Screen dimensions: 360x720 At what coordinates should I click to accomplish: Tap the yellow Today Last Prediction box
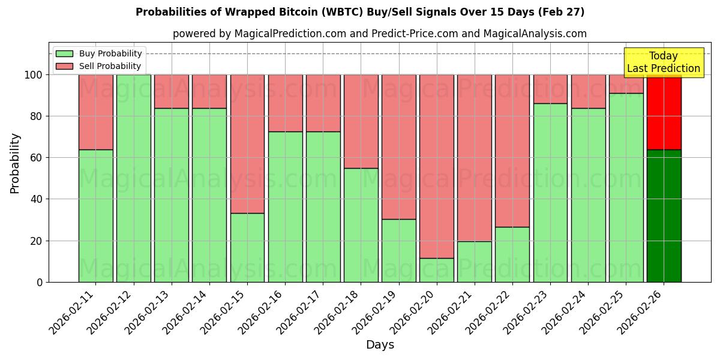pos(663,62)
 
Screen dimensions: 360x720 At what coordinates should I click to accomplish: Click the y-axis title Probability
pos(15,163)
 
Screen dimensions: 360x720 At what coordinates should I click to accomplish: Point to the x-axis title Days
pos(380,345)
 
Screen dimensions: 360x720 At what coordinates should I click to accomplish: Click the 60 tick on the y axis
pos(37,158)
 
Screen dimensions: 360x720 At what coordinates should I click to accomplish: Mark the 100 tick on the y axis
pos(34,75)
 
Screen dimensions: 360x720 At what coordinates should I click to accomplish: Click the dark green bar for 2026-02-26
pos(664,216)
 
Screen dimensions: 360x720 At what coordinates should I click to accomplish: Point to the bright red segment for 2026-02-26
pos(664,112)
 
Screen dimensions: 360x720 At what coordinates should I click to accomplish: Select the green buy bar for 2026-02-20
pos(437,270)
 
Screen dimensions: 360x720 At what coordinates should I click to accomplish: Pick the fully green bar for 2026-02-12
pos(133,178)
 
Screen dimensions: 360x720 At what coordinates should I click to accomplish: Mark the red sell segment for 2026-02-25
pos(626,84)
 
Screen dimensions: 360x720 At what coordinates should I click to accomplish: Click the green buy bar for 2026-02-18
pos(361,225)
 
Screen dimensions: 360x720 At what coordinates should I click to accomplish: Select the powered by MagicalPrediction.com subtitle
pos(380,34)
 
